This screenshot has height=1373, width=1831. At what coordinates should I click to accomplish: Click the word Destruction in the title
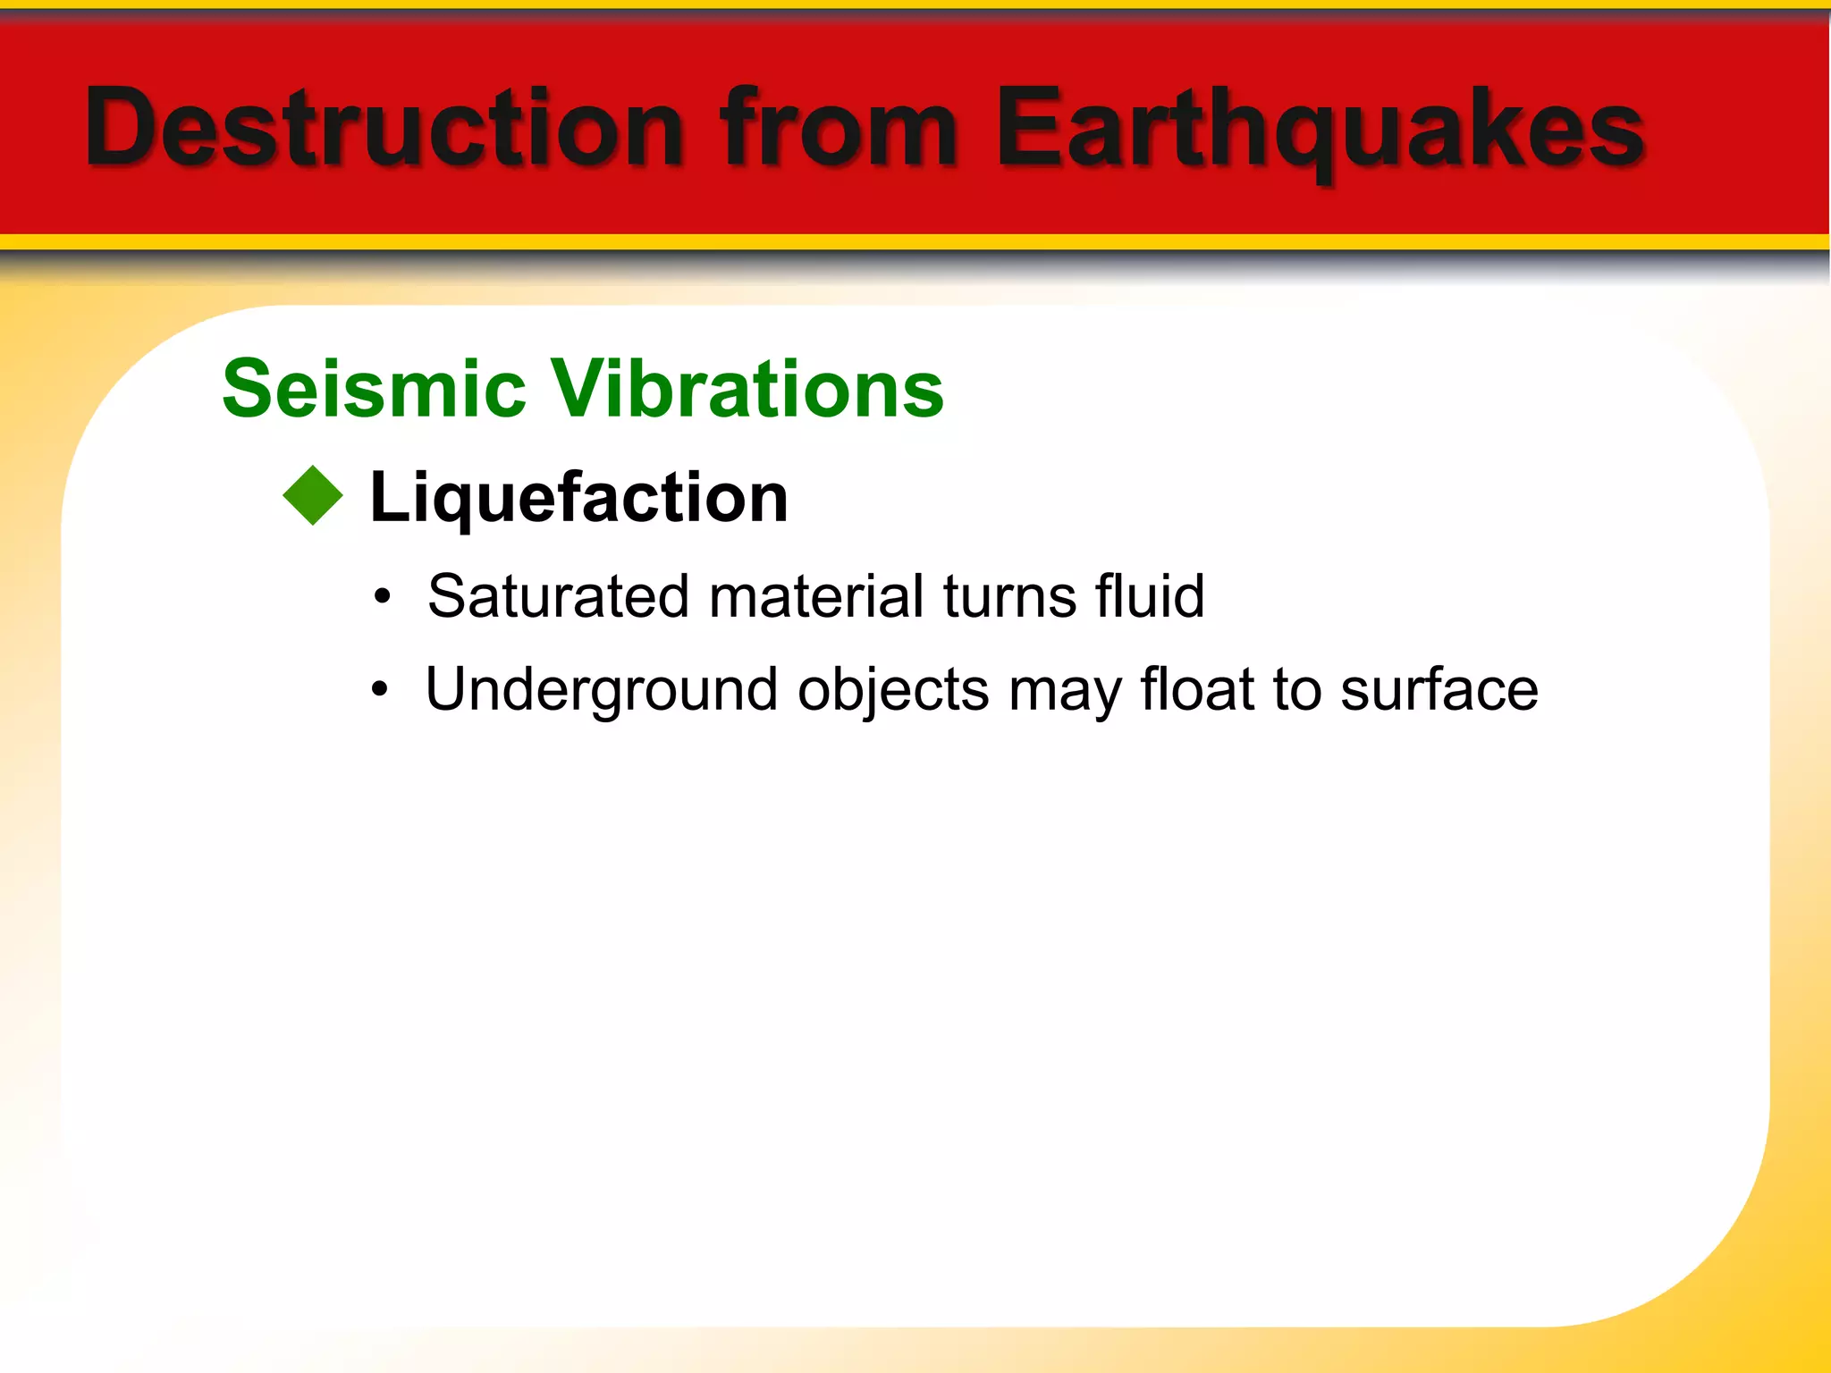[x=384, y=127]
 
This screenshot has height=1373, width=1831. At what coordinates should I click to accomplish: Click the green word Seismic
[x=374, y=389]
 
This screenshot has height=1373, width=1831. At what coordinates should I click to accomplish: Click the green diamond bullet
[x=313, y=496]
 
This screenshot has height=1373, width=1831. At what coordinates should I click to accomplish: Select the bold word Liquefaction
[x=578, y=497]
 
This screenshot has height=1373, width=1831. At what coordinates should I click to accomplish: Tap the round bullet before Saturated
[x=383, y=597]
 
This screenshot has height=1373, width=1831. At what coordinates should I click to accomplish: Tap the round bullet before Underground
[x=381, y=690]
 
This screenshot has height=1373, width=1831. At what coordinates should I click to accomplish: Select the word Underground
[x=601, y=690]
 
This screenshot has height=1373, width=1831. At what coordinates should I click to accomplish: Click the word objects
[x=893, y=690]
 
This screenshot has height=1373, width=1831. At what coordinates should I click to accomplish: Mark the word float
[x=1197, y=690]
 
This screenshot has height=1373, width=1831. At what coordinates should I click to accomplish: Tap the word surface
[x=1439, y=690]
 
